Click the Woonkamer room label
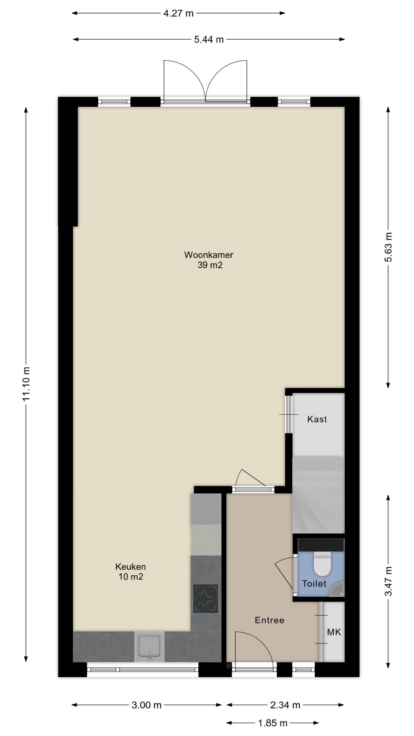pyautogui.click(x=208, y=255)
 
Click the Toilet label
pyautogui.click(x=314, y=584)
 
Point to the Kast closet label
pyautogui.click(x=317, y=419)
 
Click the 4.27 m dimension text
pyautogui.click(x=179, y=13)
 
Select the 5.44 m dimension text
pyautogui.click(x=209, y=39)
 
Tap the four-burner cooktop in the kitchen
pyautogui.click(x=205, y=598)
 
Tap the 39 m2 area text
pyautogui.click(x=210, y=265)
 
